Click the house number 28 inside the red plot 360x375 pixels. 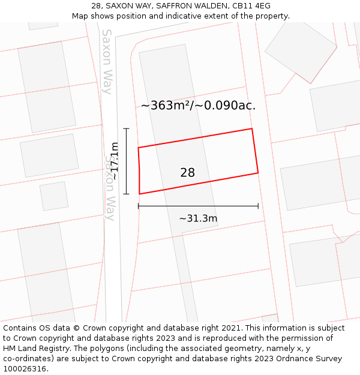click(187, 173)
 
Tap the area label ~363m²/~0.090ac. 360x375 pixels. click(198, 106)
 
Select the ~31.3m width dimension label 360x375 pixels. click(198, 218)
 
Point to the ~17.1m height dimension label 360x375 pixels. click(114, 161)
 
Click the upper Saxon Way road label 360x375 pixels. click(107, 62)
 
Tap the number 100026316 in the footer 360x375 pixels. click(25, 368)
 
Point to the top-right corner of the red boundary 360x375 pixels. click(251, 128)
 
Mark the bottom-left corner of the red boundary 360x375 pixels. click(140, 194)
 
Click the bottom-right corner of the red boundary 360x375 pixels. click(258, 173)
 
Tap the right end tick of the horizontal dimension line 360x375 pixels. click(258, 206)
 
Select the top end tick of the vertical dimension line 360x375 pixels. click(126, 128)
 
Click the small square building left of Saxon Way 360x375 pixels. click(54, 196)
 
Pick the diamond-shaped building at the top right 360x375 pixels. click(301, 50)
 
